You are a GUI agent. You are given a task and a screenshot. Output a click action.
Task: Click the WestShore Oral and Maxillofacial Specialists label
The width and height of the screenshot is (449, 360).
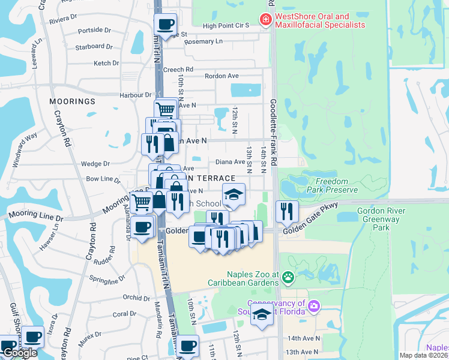coord(319,21)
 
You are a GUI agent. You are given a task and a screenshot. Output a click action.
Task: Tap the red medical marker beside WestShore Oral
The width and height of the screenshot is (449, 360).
coord(265,21)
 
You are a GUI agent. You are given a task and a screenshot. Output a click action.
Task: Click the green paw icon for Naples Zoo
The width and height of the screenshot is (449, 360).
coord(289,277)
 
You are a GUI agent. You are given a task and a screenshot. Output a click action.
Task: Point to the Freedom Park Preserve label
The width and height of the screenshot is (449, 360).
coord(332,185)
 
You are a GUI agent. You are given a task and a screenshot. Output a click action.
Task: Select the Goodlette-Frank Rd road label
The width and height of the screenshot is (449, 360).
coord(273,132)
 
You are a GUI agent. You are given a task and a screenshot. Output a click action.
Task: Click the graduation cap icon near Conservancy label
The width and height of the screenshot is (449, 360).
coord(262,314)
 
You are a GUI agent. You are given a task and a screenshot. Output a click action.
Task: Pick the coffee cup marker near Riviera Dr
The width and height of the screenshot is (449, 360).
coord(166,24)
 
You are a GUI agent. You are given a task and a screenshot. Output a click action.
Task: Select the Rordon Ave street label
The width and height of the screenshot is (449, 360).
coord(221,76)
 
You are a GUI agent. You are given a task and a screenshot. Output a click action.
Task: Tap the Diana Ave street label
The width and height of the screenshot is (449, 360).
coord(230,161)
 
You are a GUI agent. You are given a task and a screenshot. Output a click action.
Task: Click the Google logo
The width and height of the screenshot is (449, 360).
coord(20,353)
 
